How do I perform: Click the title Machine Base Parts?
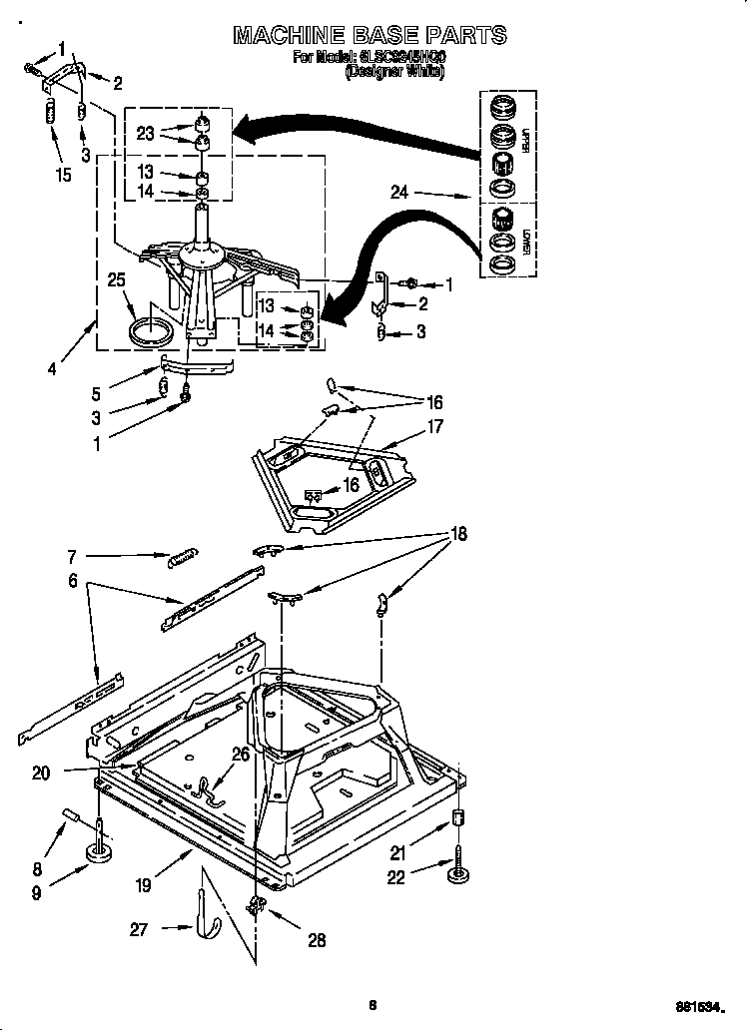click(370, 35)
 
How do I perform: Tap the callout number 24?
click(399, 194)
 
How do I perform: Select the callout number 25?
click(117, 281)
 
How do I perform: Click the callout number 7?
click(72, 556)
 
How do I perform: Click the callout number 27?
click(139, 929)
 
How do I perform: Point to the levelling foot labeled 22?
click(458, 866)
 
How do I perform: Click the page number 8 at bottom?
click(372, 1005)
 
